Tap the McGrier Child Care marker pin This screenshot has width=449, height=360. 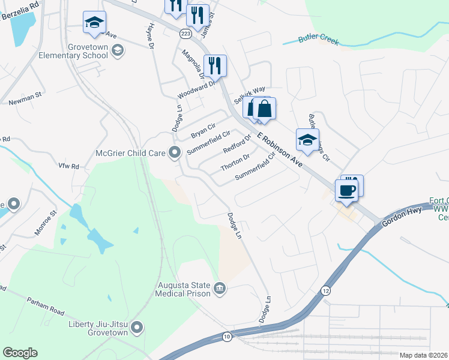click(x=175, y=153)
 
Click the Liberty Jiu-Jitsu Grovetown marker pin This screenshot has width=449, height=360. click(x=137, y=328)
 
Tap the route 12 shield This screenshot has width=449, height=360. click(x=326, y=290)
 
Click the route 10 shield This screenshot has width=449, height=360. click(x=226, y=336)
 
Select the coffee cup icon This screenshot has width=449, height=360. click(x=346, y=191)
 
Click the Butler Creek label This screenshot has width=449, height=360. click(x=319, y=41)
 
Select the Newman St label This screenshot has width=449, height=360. click(x=25, y=98)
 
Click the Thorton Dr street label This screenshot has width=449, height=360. click(x=235, y=163)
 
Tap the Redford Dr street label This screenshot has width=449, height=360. click(x=237, y=145)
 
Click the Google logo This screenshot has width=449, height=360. click(x=20, y=353)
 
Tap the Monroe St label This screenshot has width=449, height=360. click(x=45, y=222)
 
